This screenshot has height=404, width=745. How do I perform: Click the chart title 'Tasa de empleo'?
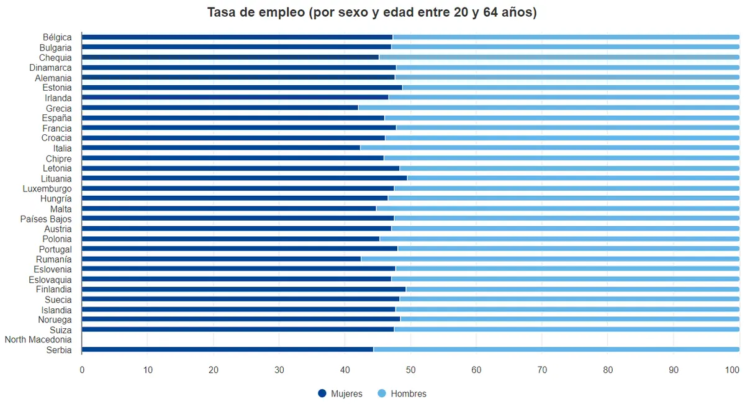372,12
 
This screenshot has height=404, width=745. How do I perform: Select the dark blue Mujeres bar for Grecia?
220,108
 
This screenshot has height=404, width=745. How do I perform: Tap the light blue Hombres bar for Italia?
549,148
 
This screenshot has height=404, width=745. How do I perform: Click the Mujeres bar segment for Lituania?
244,178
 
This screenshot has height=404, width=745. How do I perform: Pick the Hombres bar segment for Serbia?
556,349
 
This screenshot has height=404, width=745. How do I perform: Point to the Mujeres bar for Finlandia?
243,289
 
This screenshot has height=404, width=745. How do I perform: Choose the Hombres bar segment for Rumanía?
550,259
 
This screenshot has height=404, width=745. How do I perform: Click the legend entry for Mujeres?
340,393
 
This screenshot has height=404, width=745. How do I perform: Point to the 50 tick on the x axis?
410,370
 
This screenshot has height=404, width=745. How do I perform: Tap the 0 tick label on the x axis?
82,370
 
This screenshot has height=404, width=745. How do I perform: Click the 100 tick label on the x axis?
733,370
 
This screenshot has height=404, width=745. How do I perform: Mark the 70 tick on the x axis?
542,370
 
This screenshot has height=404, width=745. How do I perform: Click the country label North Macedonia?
38,339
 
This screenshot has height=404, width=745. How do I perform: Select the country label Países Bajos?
46,219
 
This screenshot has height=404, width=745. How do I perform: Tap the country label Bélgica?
57,37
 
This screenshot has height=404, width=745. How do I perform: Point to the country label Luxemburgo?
47,188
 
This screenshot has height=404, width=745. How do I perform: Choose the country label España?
56,118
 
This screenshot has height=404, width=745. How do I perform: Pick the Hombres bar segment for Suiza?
566,329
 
